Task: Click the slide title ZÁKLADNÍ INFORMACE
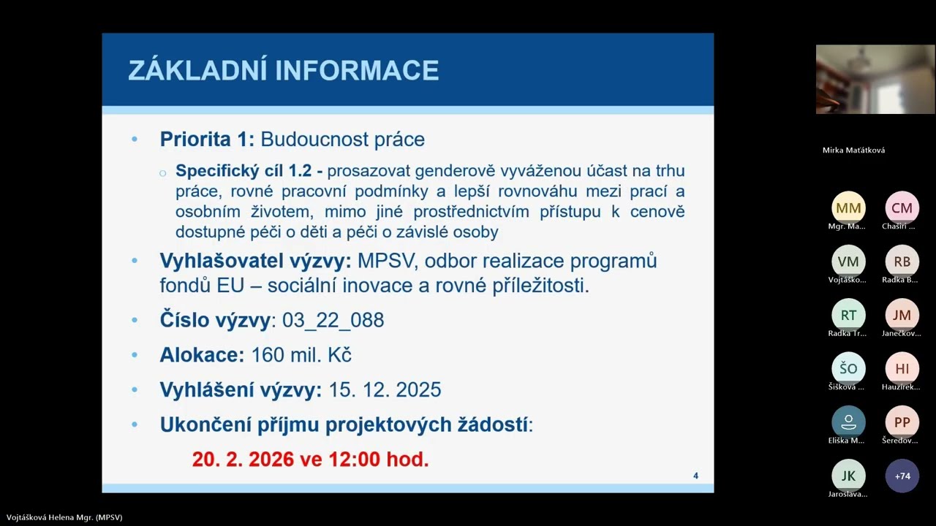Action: (x=284, y=70)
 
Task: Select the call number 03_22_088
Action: (x=333, y=320)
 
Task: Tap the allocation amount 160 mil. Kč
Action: (x=301, y=355)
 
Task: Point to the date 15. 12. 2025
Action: (x=385, y=389)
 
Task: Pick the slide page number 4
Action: (x=695, y=476)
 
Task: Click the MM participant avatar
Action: (x=848, y=208)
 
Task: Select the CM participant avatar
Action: (x=902, y=208)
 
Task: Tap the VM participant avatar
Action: (x=848, y=262)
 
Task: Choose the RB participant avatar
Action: (x=902, y=262)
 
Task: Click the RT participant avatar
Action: (x=848, y=315)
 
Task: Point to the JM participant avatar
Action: (x=902, y=315)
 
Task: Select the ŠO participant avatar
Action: (x=848, y=369)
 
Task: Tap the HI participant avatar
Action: (x=902, y=369)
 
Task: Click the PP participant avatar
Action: (x=902, y=422)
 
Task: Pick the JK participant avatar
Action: (x=848, y=476)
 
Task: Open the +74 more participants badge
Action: (x=902, y=476)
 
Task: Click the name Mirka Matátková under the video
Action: (x=853, y=150)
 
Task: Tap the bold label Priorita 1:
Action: (x=207, y=140)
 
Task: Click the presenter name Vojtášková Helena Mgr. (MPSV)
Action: (x=61, y=517)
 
